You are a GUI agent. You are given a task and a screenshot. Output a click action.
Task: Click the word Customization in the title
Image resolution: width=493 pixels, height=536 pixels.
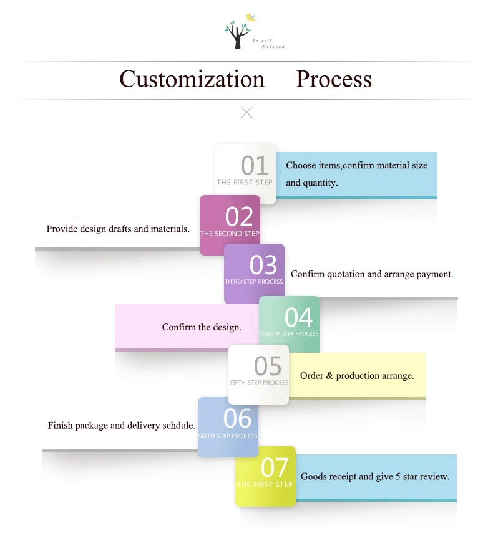[x=192, y=79]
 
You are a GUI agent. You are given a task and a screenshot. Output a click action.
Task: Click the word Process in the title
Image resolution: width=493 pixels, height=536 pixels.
[x=334, y=79]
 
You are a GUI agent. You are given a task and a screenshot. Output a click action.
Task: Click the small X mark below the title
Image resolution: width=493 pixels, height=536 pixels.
[x=246, y=112]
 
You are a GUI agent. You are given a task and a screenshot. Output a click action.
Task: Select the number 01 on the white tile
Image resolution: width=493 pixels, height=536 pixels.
[x=255, y=166]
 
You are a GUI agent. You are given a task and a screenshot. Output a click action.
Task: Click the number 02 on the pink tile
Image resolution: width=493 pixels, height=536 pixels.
[x=239, y=217]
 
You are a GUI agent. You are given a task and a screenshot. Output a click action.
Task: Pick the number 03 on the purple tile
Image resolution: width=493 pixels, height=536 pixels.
[x=263, y=266]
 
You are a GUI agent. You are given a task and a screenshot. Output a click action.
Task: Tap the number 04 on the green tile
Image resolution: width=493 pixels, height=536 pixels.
[x=298, y=318]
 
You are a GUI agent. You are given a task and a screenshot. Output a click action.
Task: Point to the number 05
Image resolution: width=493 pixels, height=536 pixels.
[x=268, y=366]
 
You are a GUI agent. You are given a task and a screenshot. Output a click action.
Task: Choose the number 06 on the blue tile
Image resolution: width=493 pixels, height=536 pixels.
[x=237, y=418]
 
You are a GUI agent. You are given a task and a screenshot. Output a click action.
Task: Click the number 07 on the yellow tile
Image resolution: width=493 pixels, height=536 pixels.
[x=275, y=467]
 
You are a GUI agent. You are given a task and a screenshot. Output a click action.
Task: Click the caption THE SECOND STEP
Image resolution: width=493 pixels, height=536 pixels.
[x=230, y=234]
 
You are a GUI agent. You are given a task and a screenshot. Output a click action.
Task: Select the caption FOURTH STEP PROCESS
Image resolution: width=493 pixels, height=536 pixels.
[x=289, y=334]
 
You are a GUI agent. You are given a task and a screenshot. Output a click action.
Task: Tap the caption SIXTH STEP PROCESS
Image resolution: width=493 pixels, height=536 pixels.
[x=228, y=436]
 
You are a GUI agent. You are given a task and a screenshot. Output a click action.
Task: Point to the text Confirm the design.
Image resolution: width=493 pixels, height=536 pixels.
[x=202, y=327]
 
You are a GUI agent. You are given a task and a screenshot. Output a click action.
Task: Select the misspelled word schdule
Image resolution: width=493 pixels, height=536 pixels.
[x=179, y=426]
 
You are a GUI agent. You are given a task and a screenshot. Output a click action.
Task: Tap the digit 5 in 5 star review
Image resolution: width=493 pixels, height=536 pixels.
[x=398, y=477]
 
